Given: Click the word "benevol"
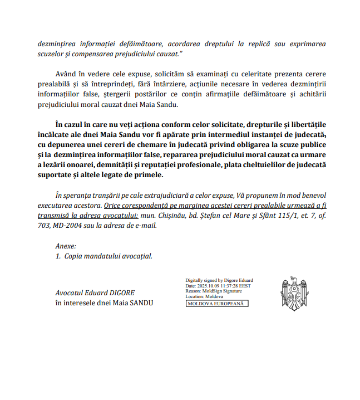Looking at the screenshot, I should [x=313, y=196].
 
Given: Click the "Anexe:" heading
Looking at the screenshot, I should [x=66, y=246].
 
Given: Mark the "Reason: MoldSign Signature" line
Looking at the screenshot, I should [x=215, y=291].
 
